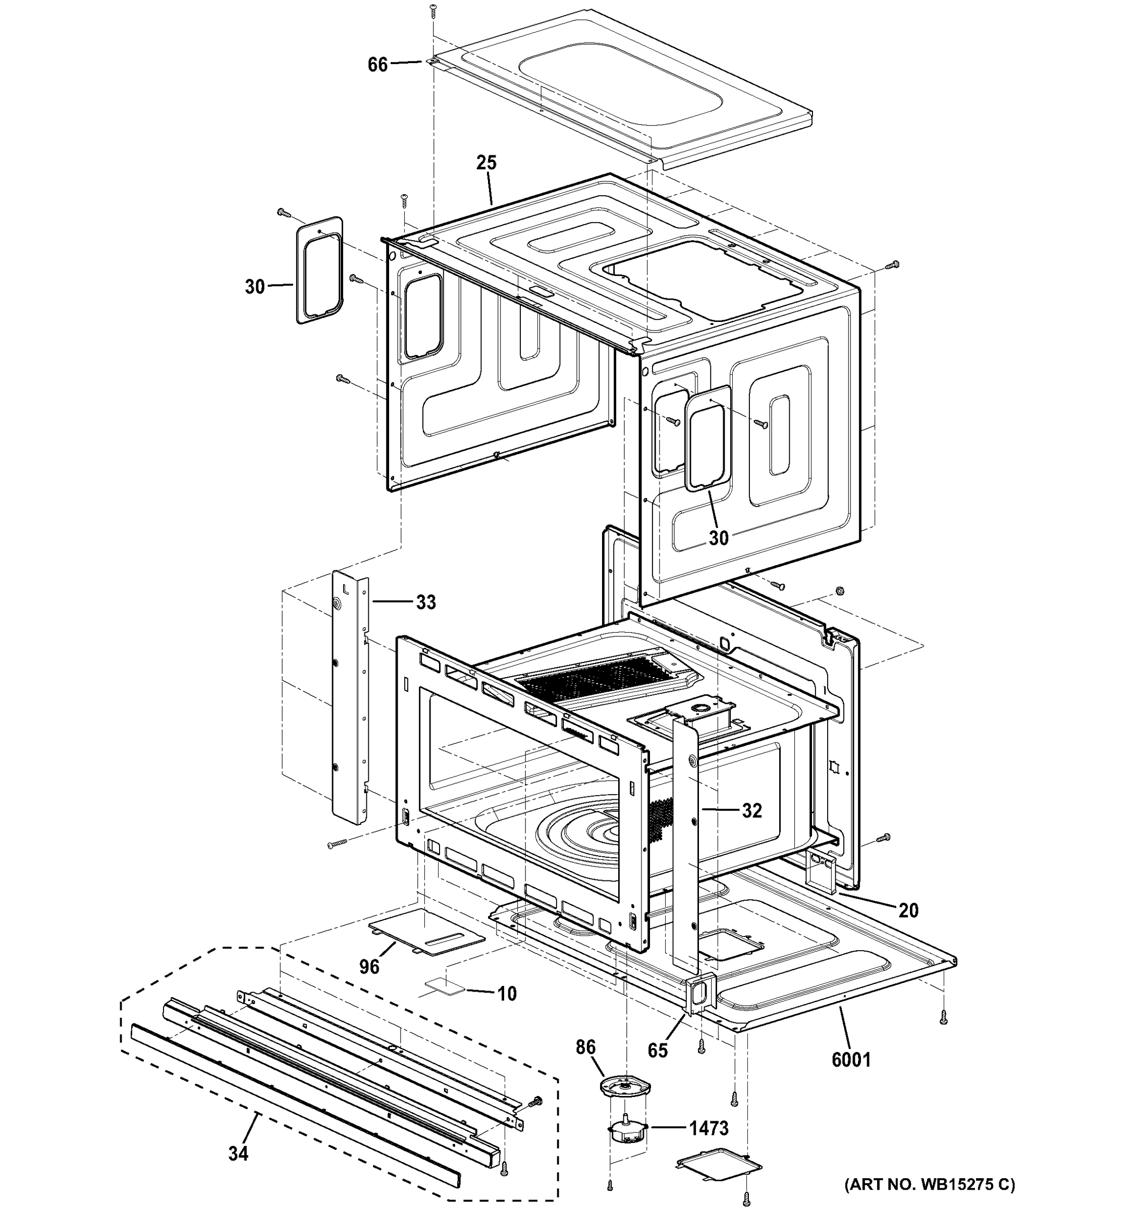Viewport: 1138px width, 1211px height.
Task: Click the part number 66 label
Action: coord(377,65)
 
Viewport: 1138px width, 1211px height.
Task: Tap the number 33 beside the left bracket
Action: coord(426,602)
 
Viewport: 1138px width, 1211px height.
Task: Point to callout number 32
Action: coord(752,810)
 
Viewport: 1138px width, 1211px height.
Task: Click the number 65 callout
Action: coord(658,1050)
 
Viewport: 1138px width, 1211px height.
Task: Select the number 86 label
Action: coord(585,1047)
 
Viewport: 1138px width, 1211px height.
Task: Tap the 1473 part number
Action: coord(709,1128)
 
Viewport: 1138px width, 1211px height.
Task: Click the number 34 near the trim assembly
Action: coord(238,1153)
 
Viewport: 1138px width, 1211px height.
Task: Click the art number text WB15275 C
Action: coord(930,1184)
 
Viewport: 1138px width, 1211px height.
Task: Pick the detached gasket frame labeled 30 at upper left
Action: coord(320,269)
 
